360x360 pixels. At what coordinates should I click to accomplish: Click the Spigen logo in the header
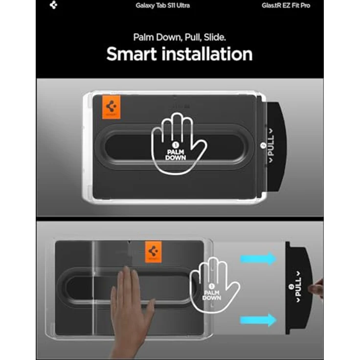click(x=53, y=5)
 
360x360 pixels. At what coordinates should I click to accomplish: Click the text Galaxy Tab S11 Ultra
click(x=162, y=5)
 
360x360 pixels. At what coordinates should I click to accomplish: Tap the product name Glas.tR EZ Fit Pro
click(x=286, y=5)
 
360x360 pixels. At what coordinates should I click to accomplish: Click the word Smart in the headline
click(x=132, y=54)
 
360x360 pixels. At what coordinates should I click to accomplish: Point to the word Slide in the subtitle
click(x=215, y=37)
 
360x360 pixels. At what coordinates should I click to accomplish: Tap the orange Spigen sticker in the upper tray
click(x=111, y=107)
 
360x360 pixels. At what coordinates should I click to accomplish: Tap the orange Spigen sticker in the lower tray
click(x=154, y=251)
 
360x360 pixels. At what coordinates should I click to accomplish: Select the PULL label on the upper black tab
click(x=271, y=145)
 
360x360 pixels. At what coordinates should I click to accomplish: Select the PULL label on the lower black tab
click(x=298, y=287)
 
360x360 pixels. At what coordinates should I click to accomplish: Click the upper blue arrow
click(x=258, y=259)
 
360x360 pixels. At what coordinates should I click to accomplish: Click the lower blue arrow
click(x=258, y=320)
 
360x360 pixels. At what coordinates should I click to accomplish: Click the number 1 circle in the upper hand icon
click(x=176, y=145)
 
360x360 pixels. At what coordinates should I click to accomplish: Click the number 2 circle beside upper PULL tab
click(x=263, y=145)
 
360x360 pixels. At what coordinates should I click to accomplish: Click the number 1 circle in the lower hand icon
click(x=211, y=286)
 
